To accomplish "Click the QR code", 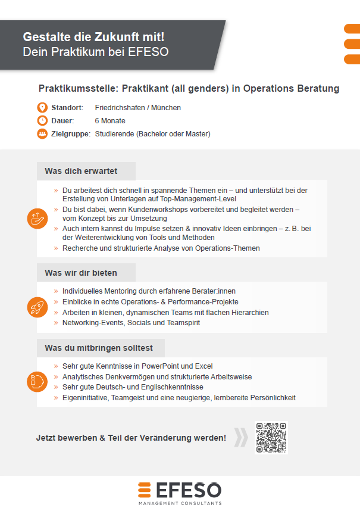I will click(271, 438).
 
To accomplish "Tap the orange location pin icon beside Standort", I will click(42, 108).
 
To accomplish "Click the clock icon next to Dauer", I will click(42, 121).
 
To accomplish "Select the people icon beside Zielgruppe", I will click(42, 134).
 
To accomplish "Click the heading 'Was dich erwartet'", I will click(81, 172).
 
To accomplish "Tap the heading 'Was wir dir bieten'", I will click(81, 273).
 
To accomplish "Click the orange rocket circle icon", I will click(37, 307).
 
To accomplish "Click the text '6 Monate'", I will click(110, 121).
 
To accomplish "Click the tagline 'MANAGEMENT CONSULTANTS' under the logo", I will click(180, 504).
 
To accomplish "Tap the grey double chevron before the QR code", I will click(240, 438).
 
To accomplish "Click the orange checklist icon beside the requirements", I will click(37, 382).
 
